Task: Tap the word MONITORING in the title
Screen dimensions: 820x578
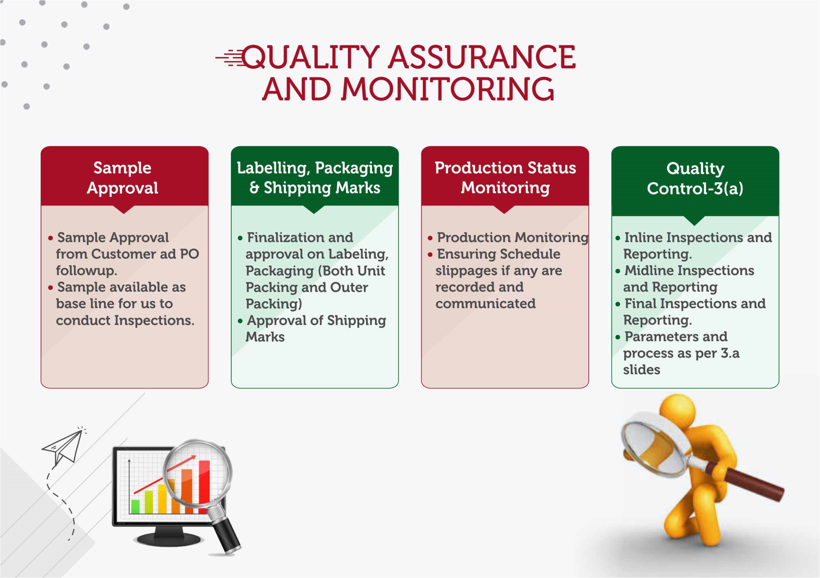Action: (448, 89)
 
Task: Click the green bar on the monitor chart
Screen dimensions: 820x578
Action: (135, 507)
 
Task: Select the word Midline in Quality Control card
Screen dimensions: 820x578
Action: (647, 271)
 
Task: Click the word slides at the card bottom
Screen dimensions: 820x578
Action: (641, 370)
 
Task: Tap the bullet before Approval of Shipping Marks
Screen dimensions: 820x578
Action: (240, 321)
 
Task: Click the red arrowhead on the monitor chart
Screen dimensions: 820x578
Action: (194, 457)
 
